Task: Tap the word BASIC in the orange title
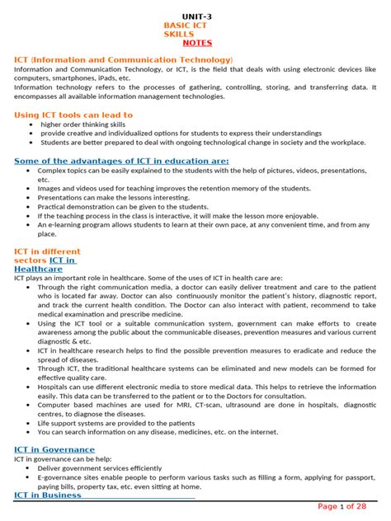(x=180, y=26)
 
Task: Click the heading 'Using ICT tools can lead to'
(x=73, y=115)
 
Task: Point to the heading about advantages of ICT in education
(x=121, y=161)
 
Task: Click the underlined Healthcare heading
(x=39, y=269)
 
